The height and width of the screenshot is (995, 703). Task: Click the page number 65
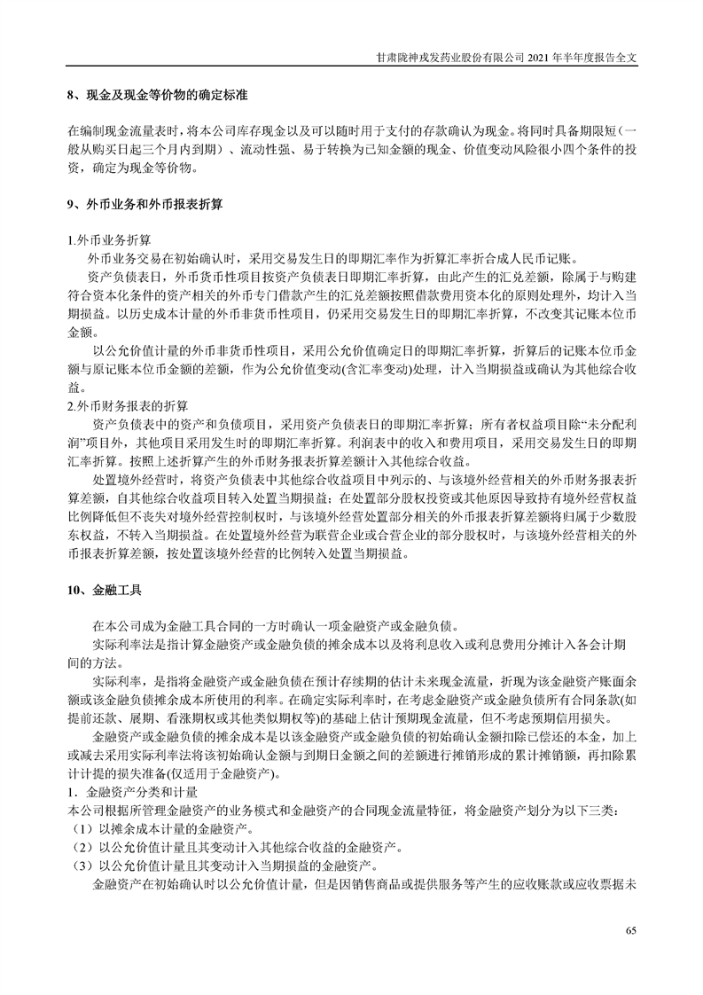point(630,930)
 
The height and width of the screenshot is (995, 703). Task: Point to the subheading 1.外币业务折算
point(108,240)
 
